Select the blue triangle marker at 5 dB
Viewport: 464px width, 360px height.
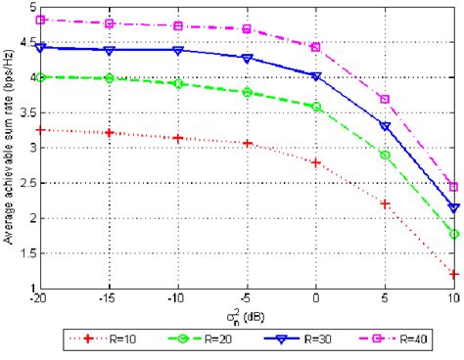pyautogui.click(x=385, y=126)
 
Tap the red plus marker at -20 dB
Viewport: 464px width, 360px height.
pyautogui.click(x=39, y=129)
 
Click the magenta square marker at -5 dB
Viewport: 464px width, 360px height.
pyautogui.click(x=247, y=29)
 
